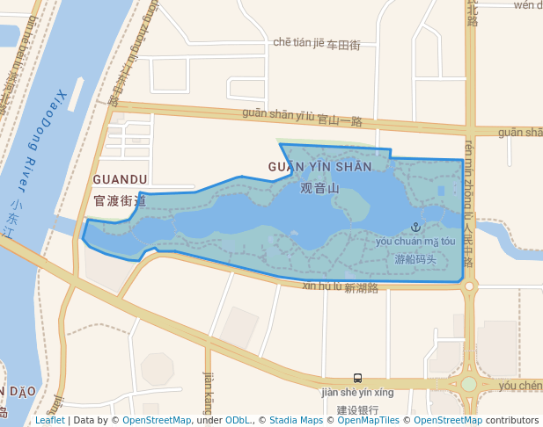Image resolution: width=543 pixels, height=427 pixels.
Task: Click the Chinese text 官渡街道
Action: (120, 201)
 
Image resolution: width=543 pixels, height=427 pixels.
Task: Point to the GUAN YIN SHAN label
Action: (319, 167)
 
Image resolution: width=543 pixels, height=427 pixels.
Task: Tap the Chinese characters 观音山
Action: (319, 188)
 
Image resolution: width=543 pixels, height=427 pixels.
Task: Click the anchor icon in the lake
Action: (416, 228)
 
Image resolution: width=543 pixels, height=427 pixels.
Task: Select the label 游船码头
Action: (415, 259)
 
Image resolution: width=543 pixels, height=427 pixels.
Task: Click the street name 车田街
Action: (343, 45)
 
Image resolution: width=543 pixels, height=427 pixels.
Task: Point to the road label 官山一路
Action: (340, 120)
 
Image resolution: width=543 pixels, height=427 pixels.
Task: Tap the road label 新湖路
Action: (361, 288)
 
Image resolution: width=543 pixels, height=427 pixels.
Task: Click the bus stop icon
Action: (357, 378)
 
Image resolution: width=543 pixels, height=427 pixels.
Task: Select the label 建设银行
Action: (357, 409)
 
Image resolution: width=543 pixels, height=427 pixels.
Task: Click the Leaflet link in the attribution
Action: (49, 421)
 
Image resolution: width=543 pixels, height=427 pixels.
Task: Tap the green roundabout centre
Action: (469, 384)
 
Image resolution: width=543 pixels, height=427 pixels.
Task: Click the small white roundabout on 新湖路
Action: (469, 286)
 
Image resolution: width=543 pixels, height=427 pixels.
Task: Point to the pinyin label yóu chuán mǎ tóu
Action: (415, 241)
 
